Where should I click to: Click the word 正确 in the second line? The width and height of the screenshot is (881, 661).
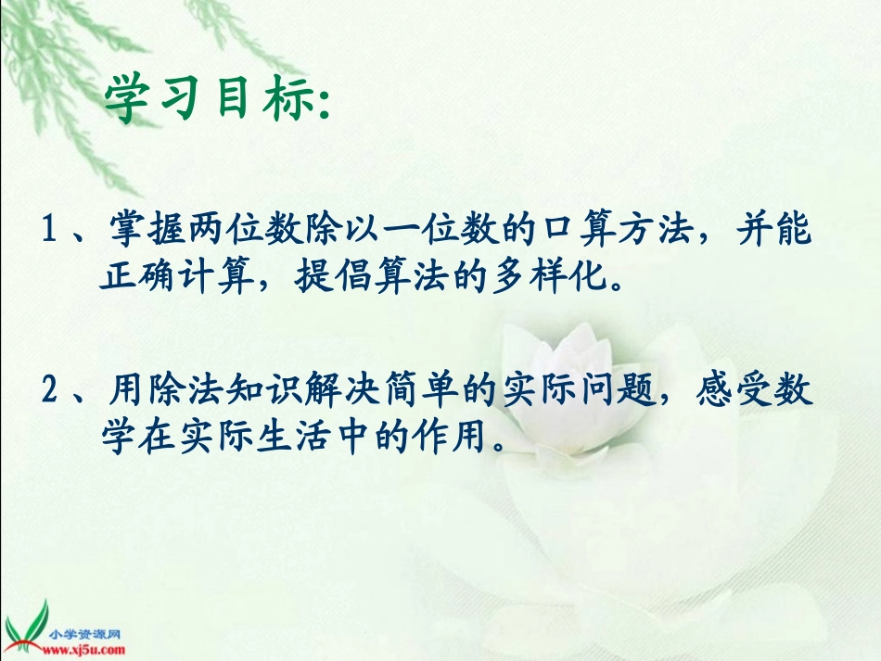pyautogui.click(x=139, y=276)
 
